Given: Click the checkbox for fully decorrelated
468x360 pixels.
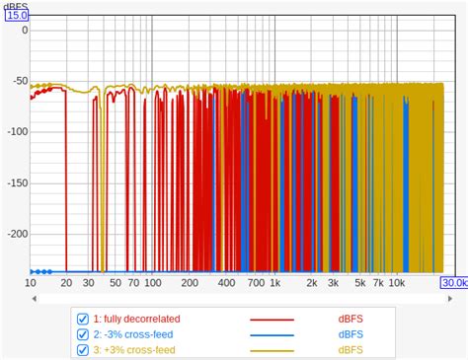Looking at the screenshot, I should point(83,319).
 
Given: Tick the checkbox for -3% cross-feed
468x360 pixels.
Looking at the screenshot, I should point(83,334).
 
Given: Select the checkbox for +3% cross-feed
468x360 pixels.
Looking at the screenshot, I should point(83,350).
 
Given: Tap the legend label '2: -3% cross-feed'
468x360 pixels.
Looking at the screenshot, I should point(132,334).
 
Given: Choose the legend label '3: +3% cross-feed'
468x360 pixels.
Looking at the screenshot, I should point(133,350).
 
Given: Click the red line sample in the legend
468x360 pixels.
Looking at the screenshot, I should point(273,320).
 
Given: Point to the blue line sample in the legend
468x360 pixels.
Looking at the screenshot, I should point(273,335).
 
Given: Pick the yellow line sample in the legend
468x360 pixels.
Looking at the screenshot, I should point(273,351).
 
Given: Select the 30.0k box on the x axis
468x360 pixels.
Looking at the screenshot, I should point(454,283).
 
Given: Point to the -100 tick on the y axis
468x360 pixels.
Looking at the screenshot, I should point(15,131).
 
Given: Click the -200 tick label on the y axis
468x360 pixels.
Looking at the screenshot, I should point(15,234).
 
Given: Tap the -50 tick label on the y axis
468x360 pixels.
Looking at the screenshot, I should point(18,80).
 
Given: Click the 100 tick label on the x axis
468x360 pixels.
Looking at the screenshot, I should point(152,283).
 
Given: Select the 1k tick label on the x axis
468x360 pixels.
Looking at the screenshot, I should point(275,283).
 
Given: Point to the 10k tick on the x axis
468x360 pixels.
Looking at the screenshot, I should point(397,283).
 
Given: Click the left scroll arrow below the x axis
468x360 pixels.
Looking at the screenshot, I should point(33,297).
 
